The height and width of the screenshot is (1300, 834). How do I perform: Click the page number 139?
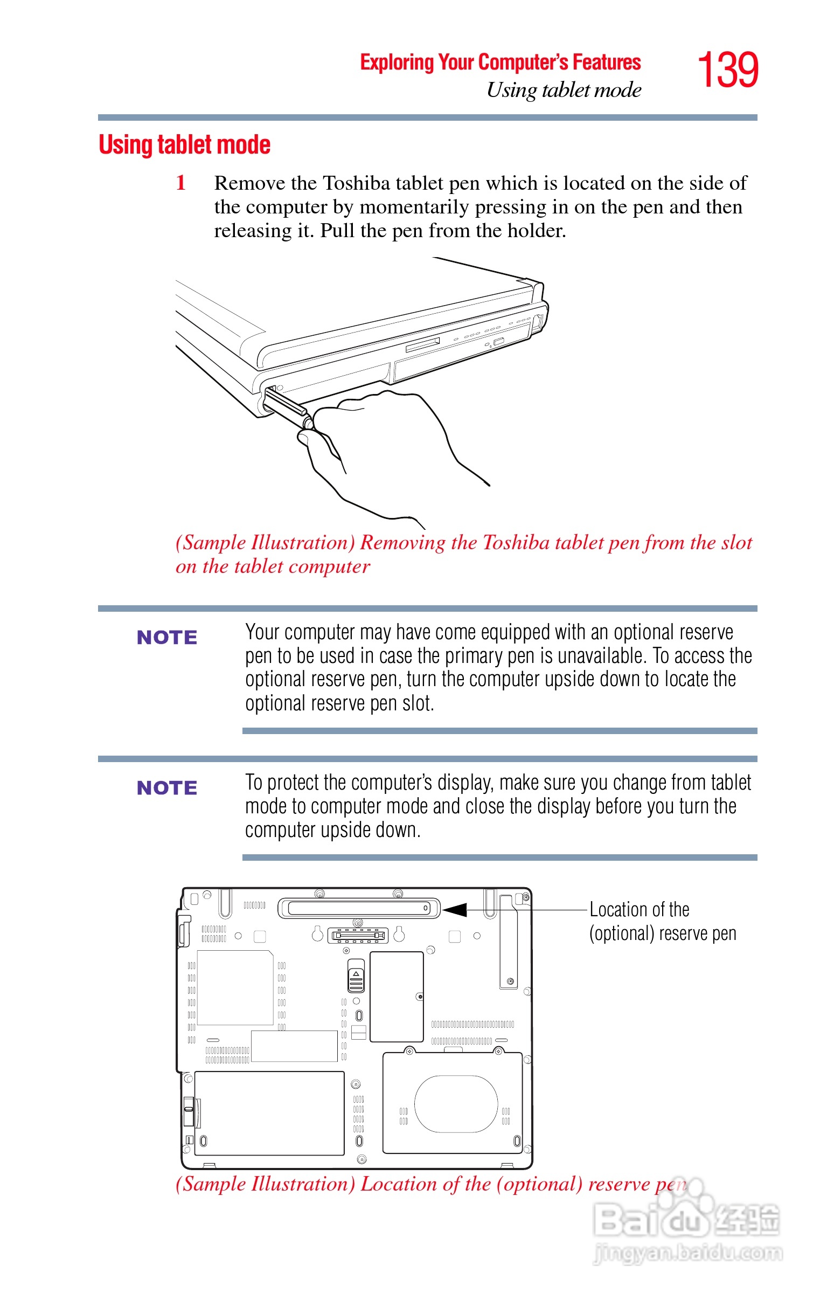[x=727, y=70]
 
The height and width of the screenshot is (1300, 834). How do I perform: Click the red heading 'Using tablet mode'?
[x=184, y=145]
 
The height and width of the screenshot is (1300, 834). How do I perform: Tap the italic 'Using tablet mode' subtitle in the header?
[x=563, y=90]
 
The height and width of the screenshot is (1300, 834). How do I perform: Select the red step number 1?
[x=181, y=183]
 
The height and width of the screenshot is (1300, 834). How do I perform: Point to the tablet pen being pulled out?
[x=287, y=406]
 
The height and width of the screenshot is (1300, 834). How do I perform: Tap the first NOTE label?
[x=167, y=637]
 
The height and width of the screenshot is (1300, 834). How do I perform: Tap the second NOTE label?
[x=167, y=787]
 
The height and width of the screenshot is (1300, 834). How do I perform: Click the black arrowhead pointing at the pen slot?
[x=455, y=909]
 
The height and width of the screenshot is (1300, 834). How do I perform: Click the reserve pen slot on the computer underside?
[x=358, y=908]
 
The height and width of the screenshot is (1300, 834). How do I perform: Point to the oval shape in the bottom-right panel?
[x=455, y=1103]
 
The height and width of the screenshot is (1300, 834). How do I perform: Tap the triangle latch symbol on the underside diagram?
[x=356, y=973]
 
